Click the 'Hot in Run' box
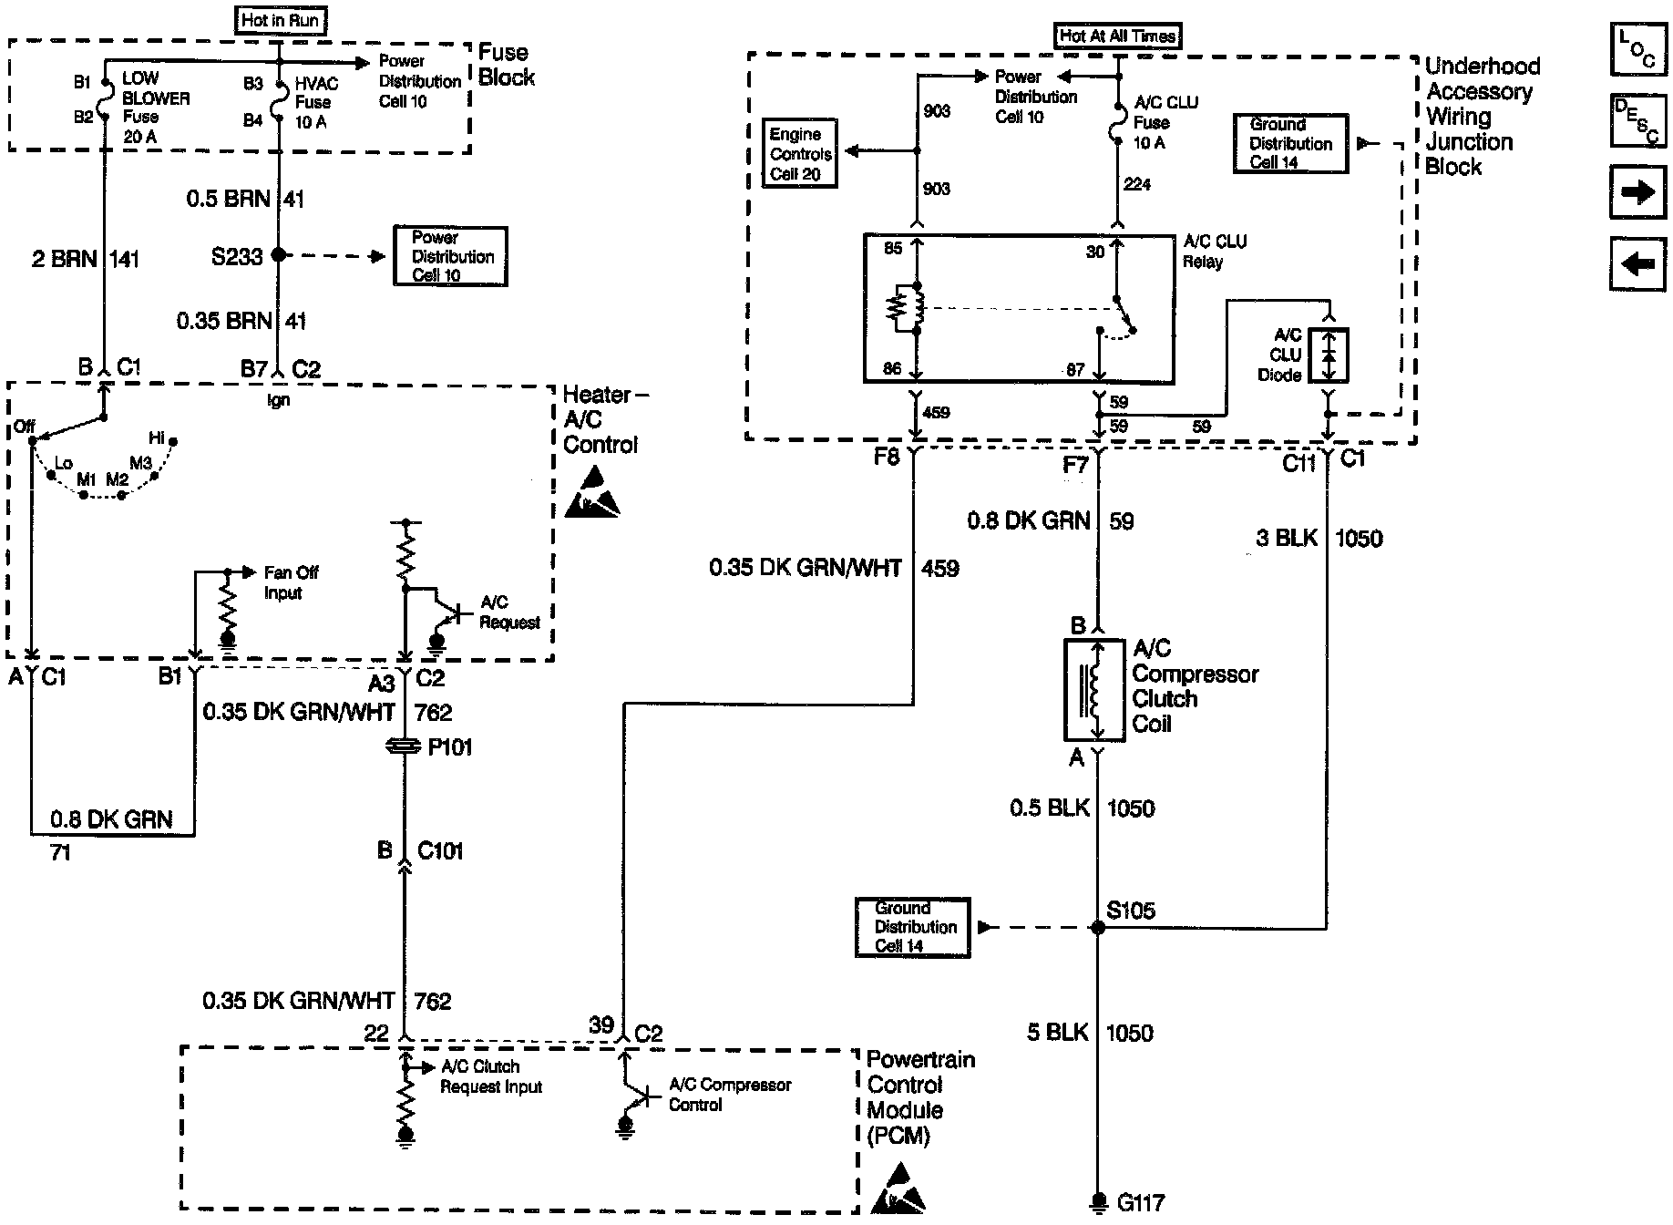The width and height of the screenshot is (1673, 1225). pyautogui.click(x=280, y=20)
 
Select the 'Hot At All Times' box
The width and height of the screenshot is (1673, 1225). pyautogui.click(x=1117, y=36)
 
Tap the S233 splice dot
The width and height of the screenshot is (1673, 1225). pyautogui.click(x=279, y=256)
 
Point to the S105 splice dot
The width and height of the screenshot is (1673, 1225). pyautogui.click(x=1098, y=928)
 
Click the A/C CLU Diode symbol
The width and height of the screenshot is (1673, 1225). pyautogui.click(x=1329, y=355)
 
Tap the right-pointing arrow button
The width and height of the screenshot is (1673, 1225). pyautogui.click(x=1637, y=192)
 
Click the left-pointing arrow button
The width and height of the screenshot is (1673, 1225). pyautogui.click(x=1637, y=264)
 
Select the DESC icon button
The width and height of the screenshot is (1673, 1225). pyautogui.click(x=1637, y=121)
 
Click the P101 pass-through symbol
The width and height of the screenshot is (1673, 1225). pyautogui.click(x=405, y=747)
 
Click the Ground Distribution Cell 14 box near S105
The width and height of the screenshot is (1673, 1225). pyautogui.click(x=912, y=928)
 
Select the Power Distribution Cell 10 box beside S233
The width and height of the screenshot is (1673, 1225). pyautogui.click(x=450, y=256)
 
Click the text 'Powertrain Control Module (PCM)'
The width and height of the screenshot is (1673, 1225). pyautogui.click(x=920, y=1097)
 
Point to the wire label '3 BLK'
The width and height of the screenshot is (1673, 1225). pyautogui.click(x=1286, y=538)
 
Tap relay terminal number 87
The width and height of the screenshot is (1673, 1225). pyautogui.click(x=1075, y=369)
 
